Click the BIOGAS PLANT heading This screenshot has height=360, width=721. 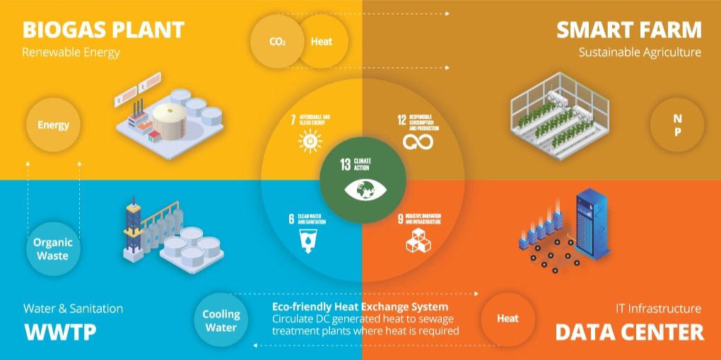(x=103, y=30)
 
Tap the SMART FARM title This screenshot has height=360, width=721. (x=628, y=30)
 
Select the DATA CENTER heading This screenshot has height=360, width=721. (x=629, y=332)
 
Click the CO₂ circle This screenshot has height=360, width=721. (x=277, y=41)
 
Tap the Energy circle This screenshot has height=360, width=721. (x=54, y=125)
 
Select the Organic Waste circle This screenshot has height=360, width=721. (x=54, y=248)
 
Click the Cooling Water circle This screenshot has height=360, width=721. (x=221, y=320)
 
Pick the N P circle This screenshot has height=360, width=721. (x=676, y=125)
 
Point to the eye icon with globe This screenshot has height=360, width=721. (x=362, y=190)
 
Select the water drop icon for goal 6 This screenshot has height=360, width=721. (x=308, y=240)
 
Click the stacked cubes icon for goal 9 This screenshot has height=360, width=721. (x=416, y=240)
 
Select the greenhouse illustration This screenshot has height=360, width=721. (x=558, y=120)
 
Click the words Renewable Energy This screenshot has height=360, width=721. (x=71, y=52)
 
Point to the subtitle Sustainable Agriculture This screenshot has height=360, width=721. (x=640, y=52)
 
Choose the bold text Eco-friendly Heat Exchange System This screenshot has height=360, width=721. (x=360, y=307)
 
